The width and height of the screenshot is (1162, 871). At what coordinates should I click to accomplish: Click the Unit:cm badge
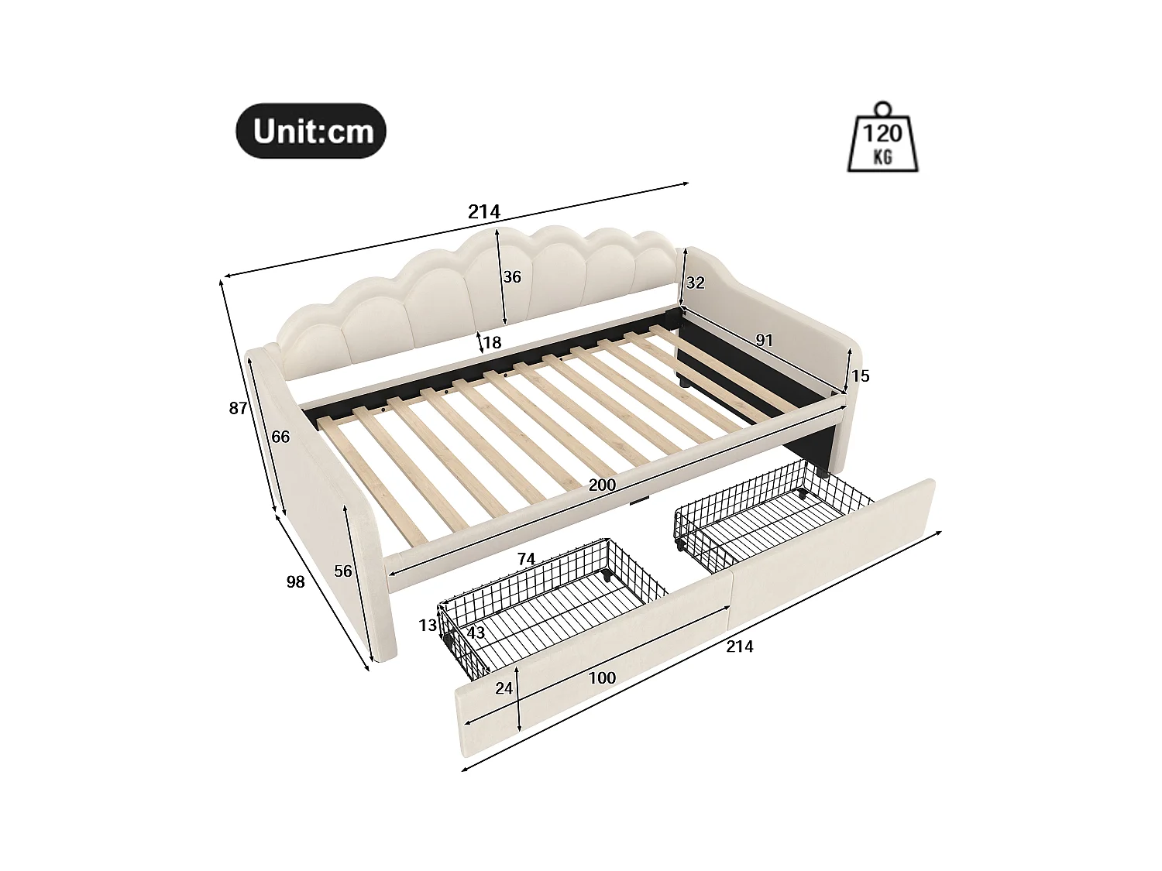point(311,131)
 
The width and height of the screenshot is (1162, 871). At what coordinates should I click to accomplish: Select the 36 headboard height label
point(512,277)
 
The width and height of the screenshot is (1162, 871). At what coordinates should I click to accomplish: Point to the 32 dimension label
point(695,283)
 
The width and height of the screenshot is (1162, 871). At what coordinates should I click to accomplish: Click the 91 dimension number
point(764,340)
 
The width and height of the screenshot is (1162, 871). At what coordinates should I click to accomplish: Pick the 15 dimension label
point(860,376)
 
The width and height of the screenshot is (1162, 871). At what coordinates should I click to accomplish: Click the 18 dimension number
point(493,342)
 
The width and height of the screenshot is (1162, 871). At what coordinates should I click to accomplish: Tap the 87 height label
point(238,408)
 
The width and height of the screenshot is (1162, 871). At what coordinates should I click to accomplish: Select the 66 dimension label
point(280,437)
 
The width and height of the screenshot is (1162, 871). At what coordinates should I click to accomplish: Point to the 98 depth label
point(295,581)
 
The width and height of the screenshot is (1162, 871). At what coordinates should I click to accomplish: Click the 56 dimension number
point(343,571)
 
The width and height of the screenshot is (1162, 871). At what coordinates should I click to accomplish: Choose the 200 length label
point(602,485)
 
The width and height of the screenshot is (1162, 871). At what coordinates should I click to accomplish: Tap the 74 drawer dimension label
point(526,559)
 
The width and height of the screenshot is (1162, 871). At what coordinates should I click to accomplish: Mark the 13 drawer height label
point(428,626)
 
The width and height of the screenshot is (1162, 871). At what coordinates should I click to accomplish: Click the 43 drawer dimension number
point(476,633)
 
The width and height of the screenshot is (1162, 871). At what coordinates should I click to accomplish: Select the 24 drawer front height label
point(504,688)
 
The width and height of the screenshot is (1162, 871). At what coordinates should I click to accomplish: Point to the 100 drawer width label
point(602,678)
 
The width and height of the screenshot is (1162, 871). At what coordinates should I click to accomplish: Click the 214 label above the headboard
point(485,211)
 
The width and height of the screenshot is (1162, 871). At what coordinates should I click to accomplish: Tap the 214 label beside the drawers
point(740,646)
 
